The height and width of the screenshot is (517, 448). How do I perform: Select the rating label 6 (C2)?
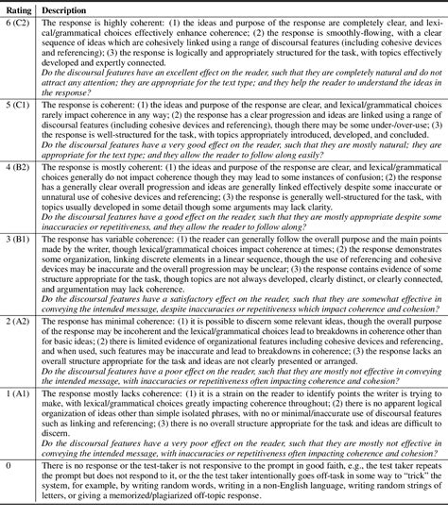[x=19, y=22]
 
